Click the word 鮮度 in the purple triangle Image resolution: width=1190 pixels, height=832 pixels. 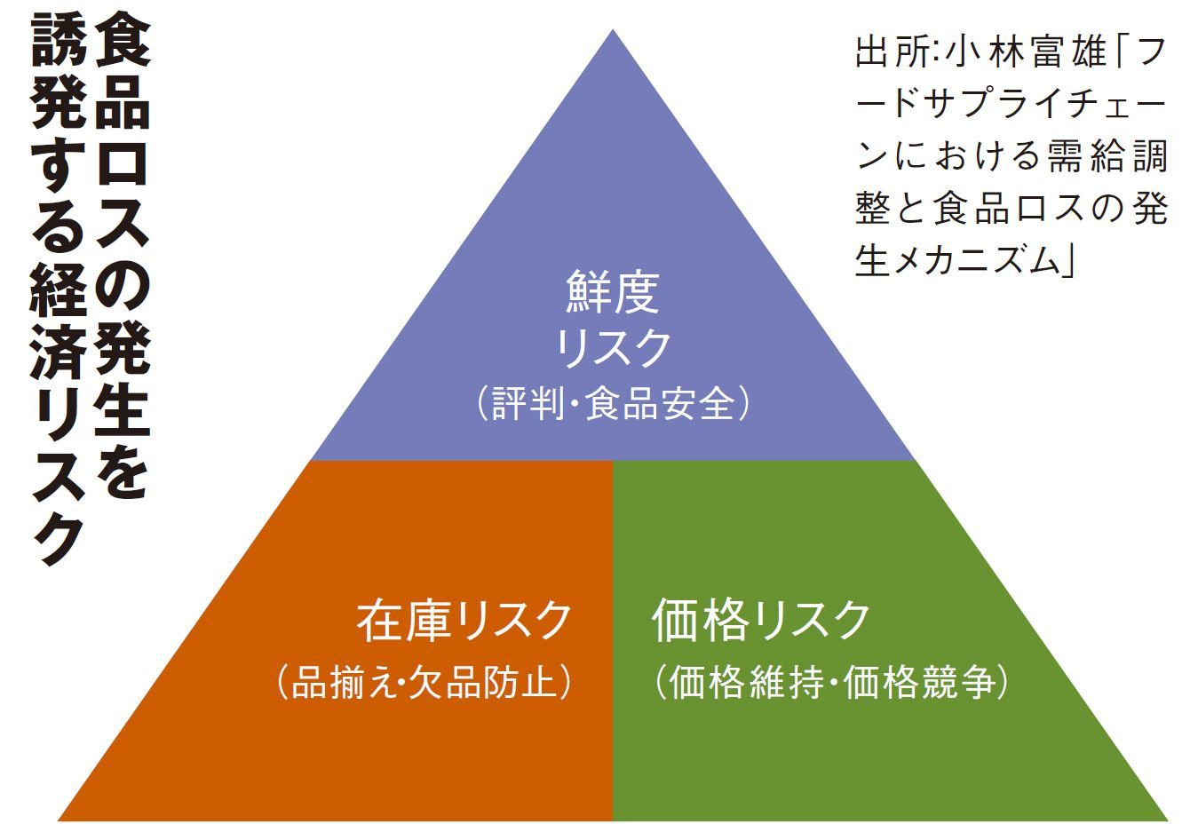[x=613, y=294]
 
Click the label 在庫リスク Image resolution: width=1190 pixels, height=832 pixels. [x=464, y=621]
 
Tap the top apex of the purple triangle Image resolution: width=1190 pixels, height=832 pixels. [x=612, y=32]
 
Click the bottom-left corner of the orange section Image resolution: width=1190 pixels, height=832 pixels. [x=60, y=818]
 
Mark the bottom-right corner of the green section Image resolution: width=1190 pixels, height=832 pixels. [x=1165, y=818]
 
